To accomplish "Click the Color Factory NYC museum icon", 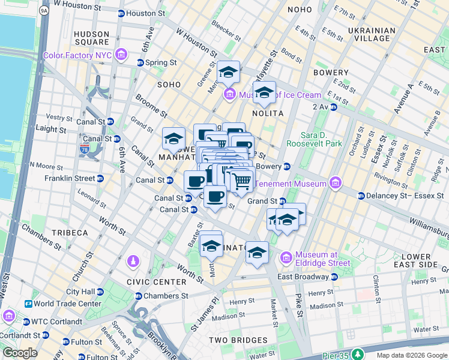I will (122, 56).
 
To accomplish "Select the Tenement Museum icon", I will (335, 184).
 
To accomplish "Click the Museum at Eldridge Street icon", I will (286, 257).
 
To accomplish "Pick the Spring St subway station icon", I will (140, 62).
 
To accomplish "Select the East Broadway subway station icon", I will (334, 277).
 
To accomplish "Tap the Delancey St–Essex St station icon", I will (361, 196).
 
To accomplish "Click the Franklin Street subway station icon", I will (100, 178).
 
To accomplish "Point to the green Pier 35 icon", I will (358, 355).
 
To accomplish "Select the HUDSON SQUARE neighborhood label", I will (92, 38).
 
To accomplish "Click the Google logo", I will (20, 353).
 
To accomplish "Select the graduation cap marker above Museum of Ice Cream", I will (228, 73).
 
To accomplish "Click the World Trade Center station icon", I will (28, 304).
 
